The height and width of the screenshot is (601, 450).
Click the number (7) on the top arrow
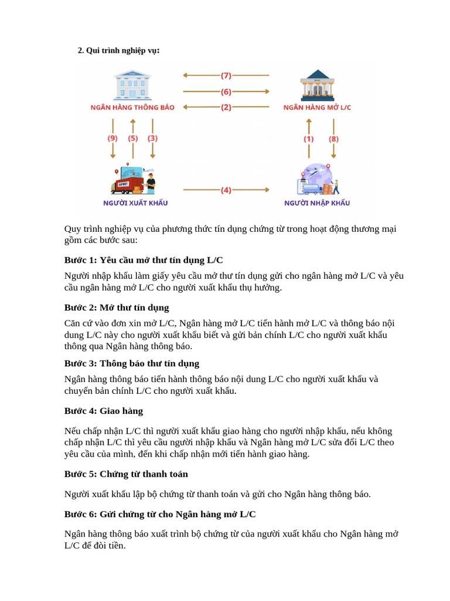pyautogui.click(x=226, y=75)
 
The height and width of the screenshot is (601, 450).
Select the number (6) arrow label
pyautogui.click(x=226, y=92)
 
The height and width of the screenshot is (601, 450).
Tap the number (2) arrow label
pyautogui.click(x=226, y=107)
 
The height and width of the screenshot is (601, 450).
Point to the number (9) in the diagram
pyautogui.click(x=112, y=139)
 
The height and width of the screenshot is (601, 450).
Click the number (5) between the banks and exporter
pyautogui.click(x=133, y=139)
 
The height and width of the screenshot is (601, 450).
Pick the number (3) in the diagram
pyautogui.click(x=152, y=139)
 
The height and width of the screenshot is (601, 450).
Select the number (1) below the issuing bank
pyautogui.click(x=309, y=139)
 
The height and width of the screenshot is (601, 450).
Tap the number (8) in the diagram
pyautogui.click(x=333, y=139)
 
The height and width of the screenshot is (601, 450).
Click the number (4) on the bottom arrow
pyautogui.click(x=226, y=190)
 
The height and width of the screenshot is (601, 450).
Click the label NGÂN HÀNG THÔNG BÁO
pyautogui.click(x=132, y=108)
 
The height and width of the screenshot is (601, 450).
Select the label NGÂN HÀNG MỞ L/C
pyautogui.click(x=317, y=108)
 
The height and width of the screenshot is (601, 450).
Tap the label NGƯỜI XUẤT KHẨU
pyautogui.click(x=135, y=203)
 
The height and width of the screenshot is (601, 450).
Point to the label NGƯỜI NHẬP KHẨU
pyautogui.click(x=317, y=203)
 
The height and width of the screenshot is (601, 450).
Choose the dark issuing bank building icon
pyautogui.click(x=317, y=87)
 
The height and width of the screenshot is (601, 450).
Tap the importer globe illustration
pyautogui.click(x=317, y=179)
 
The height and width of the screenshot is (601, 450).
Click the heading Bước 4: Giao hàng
pyautogui.click(x=104, y=411)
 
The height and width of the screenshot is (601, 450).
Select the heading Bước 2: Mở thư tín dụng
pyautogui.click(x=117, y=308)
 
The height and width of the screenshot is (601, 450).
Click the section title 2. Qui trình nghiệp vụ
pyautogui.click(x=119, y=50)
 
